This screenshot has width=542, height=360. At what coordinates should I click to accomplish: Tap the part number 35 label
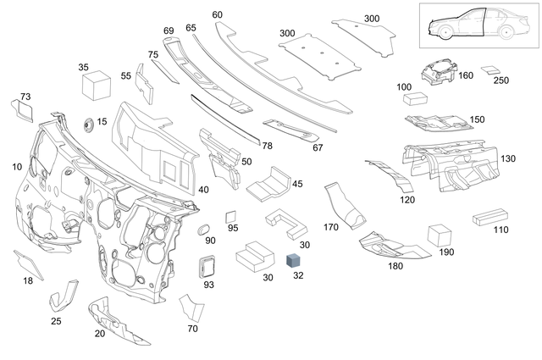point(83,66)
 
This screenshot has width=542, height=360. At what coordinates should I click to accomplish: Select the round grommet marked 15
point(88,125)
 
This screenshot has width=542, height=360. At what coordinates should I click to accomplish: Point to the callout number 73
point(25,97)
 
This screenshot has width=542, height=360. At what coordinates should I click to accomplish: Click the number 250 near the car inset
point(501,80)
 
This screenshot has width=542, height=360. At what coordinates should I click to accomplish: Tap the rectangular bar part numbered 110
point(489,216)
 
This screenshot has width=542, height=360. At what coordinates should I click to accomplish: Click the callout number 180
point(395,266)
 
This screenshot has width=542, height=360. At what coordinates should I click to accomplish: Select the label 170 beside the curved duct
point(330,228)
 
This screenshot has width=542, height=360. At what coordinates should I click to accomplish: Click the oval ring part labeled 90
point(203,230)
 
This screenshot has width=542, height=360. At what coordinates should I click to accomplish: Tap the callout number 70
point(192,328)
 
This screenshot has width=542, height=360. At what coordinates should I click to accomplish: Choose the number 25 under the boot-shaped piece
point(56,321)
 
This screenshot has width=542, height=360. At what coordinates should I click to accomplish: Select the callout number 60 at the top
point(217,14)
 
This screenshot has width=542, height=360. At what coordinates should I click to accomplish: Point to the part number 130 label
point(508,159)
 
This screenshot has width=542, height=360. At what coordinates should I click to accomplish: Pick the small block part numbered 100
point(417,98)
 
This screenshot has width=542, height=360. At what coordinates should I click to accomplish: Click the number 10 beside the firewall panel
point(17,167)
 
